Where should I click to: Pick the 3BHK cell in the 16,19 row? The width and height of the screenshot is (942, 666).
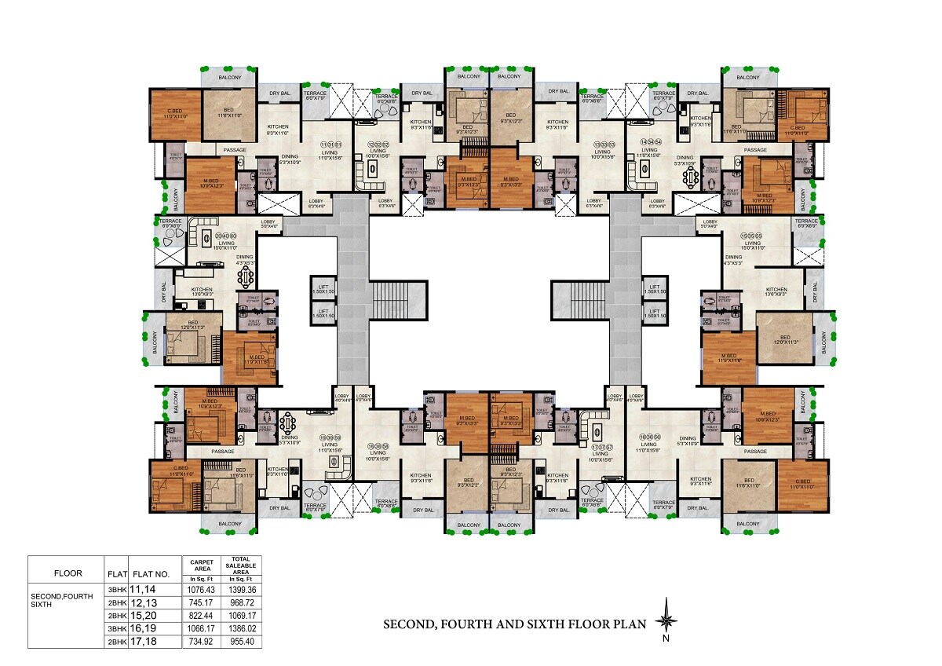(117, 628)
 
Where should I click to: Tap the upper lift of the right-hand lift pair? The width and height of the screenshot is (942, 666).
(655, 288)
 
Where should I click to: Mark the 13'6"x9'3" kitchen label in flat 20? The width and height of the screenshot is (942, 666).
(202, 293)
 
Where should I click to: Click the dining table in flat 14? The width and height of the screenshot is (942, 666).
(690, 178)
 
